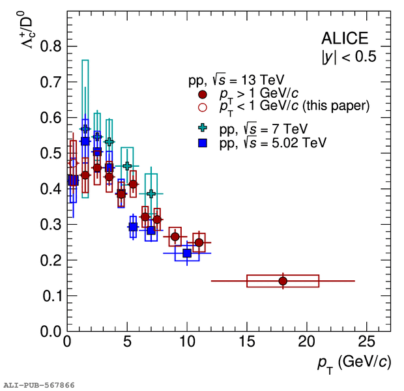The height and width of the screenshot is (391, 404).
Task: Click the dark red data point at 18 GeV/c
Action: pyautogui.click(x=283, y=281)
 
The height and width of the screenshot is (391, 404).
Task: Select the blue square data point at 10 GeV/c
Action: pyautogui.click(x=187, y=253)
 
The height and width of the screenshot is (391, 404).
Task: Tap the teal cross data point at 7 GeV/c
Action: pyautogui.click(x=151, y=194)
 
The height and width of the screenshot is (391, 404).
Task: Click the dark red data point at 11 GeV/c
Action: pyautogui.click(x=199, y=242)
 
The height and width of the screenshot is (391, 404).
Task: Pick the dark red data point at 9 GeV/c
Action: pyautogui.click(x=175, y=237)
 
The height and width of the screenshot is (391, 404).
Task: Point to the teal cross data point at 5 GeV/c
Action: pyautogui.click(x=127, y=166)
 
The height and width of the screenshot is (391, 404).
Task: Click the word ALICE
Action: pyautogui.click(x=344, y=38)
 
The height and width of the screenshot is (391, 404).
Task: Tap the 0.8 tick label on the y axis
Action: pyautogui.click(x=51, y=46)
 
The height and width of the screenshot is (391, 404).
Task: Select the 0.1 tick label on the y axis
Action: pyautogui.click(x=51, y=296)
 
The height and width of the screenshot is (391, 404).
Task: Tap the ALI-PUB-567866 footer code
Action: pyautogui.click(x=38, y=385)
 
